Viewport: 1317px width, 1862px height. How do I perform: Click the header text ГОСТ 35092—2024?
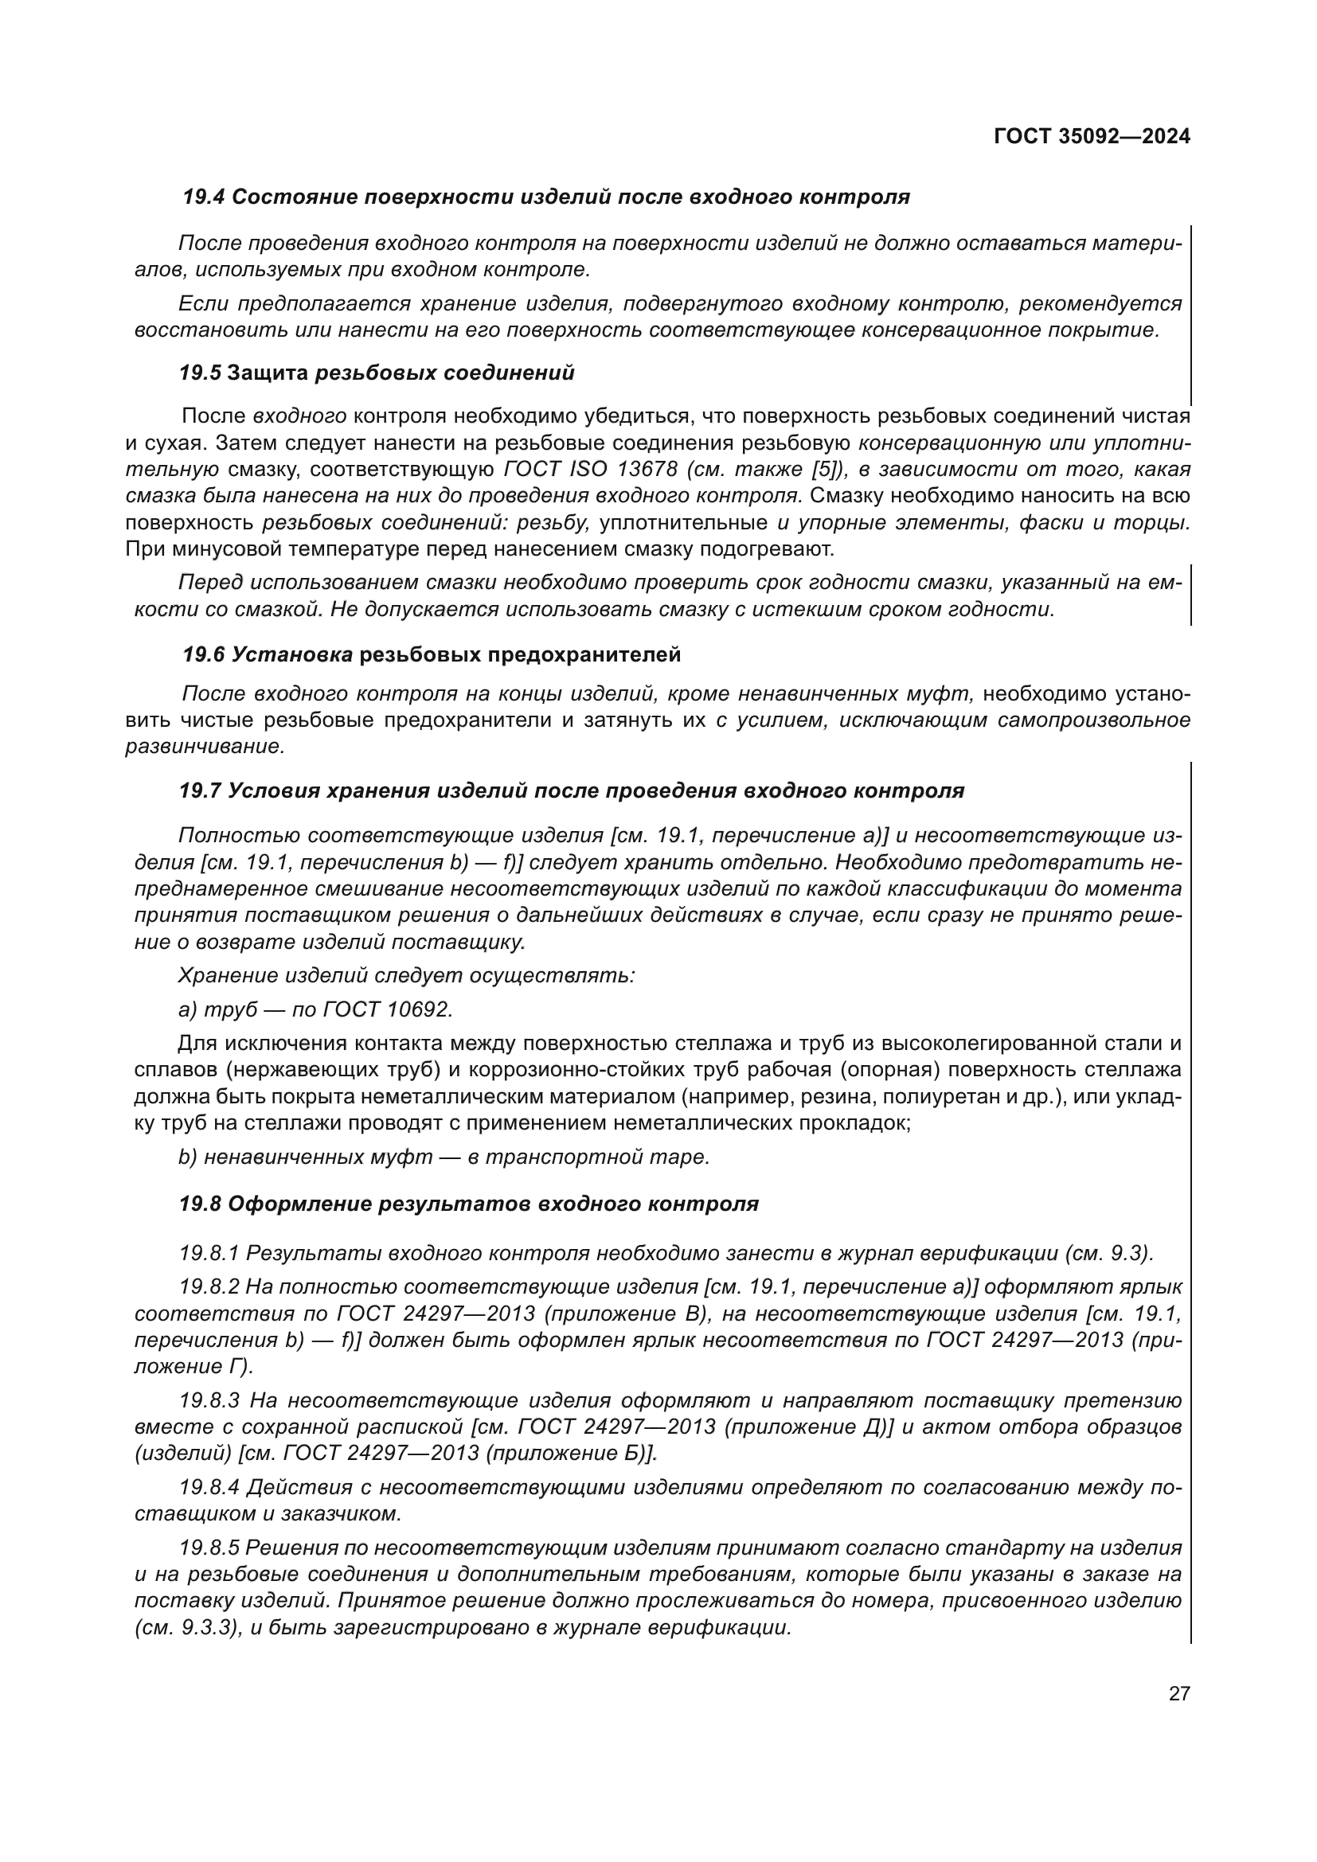(x=1092, y=137)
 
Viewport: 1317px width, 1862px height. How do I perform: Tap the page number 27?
(x=1179, y=1693)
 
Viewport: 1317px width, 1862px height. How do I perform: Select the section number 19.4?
(x=204, y=197)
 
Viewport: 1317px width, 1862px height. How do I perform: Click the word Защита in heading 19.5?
(x=268, y=373)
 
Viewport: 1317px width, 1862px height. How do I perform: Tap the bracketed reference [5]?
(x=824, y=470)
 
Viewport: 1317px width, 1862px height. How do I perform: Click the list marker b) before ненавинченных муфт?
(x=187, y=1157)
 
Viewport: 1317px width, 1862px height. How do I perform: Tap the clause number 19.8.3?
(x=209, y=1400)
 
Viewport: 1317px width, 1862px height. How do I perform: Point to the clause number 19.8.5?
(x=209, y=1548)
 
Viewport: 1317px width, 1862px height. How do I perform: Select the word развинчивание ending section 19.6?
(x=205, y=747)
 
